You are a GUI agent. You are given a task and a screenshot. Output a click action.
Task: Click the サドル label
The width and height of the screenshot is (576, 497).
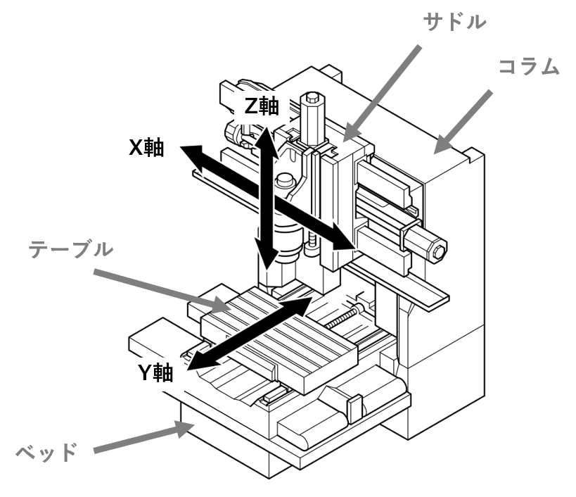(454, 22)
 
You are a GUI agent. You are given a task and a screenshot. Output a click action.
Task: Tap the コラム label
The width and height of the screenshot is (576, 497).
(529, 67)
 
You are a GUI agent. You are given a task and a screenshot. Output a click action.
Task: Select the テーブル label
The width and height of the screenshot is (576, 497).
(70, 249)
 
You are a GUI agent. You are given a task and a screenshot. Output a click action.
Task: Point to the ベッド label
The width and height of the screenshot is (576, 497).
(46, 452)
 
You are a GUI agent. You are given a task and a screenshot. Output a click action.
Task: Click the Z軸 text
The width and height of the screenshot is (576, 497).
(262, 106)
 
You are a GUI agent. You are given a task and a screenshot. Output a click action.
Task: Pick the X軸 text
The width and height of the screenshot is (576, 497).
(146, 148)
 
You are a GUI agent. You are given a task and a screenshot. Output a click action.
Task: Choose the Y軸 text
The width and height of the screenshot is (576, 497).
(155, 372)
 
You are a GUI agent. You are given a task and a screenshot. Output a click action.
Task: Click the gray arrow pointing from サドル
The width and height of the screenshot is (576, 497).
(381, 94)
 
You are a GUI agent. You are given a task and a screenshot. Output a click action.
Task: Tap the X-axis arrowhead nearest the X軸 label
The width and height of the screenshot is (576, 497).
(193, 156)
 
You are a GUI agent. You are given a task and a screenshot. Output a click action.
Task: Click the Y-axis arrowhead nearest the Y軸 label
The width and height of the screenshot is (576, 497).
(200, 360)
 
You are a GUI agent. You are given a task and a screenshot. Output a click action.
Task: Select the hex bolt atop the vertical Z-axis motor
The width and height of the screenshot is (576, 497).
(312, 97)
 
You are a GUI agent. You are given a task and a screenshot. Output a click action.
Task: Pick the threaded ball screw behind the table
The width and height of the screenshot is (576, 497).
(342, 318)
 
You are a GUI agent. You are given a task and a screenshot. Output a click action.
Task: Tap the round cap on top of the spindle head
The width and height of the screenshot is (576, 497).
(286, 180)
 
